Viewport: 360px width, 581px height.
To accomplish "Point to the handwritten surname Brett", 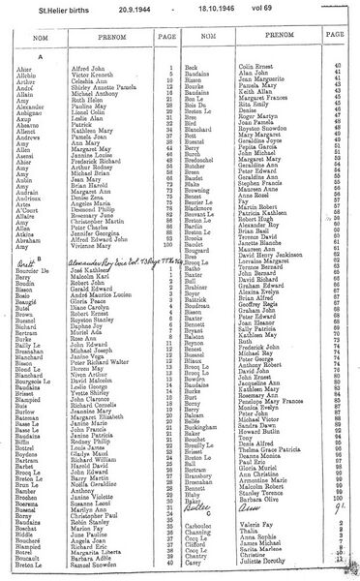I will [28, 235].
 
